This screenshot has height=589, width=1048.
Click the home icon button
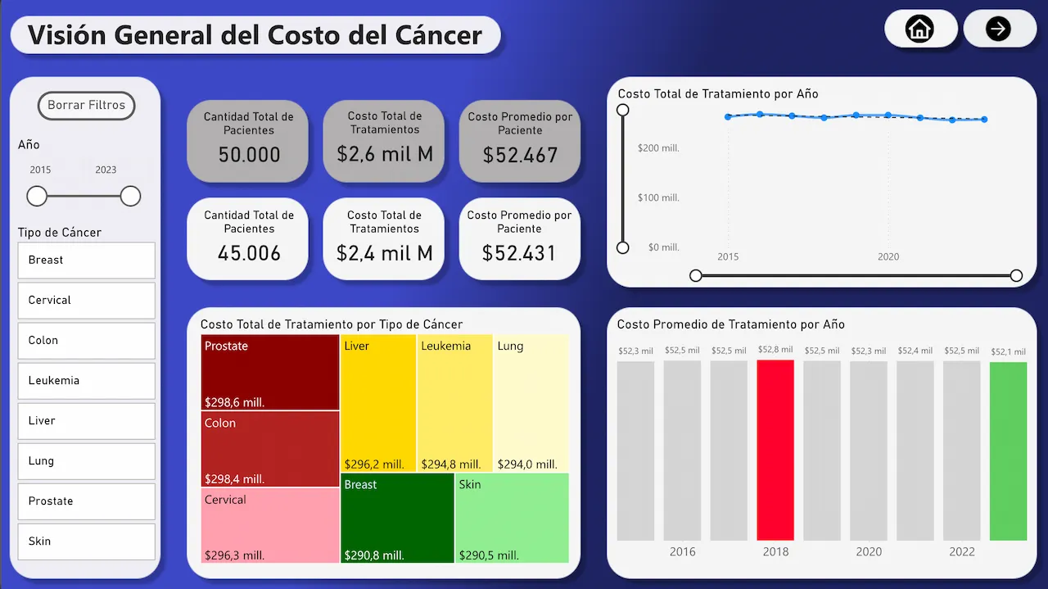919,29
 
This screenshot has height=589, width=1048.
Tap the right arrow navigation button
998,29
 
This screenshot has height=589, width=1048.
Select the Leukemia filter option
86,381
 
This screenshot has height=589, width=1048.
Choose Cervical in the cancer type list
86,301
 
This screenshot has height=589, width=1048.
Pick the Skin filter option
86,541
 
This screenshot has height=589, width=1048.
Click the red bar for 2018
775,450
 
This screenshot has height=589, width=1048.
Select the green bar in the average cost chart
1008,451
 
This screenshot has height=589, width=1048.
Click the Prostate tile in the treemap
270,372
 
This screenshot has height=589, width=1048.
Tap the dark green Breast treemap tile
397,518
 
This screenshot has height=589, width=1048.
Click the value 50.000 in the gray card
249,155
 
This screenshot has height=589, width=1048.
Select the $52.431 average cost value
519,254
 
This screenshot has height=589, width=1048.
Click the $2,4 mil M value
384,254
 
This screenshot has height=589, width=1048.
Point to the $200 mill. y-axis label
658,148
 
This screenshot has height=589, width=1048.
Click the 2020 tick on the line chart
888,256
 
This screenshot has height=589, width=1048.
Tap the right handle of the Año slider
130,197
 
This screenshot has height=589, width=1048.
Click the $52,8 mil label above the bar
775,350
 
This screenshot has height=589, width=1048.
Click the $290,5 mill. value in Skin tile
489,555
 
